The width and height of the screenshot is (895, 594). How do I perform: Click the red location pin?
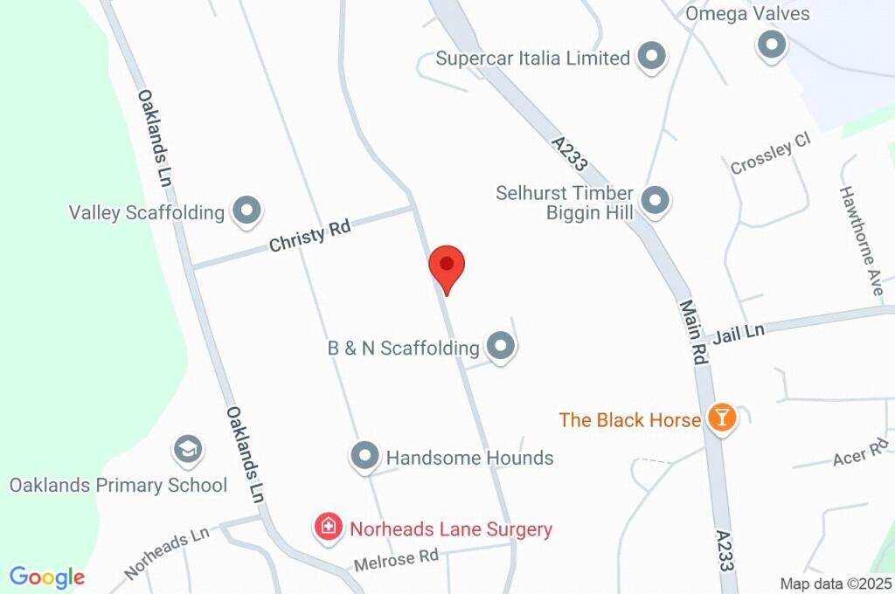click(447, 265)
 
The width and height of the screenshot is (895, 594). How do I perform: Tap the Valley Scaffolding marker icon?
click(246, 211)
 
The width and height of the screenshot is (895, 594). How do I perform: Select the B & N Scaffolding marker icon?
click(501, 347)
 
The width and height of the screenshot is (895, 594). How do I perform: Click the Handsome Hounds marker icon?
click(364, 456)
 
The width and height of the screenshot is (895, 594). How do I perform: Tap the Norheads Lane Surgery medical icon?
click(329, 528)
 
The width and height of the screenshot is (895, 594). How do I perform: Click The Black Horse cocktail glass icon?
click(722, 418)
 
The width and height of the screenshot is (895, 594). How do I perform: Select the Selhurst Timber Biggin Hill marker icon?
click(655, 202)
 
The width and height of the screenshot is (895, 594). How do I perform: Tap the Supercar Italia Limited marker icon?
click(650, 58)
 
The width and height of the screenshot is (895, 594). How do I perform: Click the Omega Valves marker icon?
click(772, 45)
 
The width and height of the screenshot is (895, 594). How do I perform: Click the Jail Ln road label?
click(739, 332)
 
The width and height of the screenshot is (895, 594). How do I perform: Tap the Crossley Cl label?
click(771, 154)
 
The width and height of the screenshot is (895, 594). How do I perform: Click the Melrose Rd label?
click(395, 559)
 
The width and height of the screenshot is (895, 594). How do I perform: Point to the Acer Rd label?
click(862, 454)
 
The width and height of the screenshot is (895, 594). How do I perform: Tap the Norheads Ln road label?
click(168, 554)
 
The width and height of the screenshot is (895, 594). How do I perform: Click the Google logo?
click(47, 577)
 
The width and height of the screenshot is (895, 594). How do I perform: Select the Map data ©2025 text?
click(836, 584)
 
